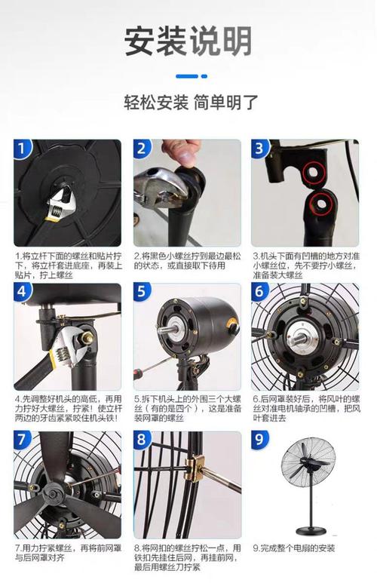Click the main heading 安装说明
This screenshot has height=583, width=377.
click(x=188, y=41)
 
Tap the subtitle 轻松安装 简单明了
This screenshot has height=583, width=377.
click(x=191, y=103)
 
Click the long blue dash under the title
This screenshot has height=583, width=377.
click(x=187, y=76)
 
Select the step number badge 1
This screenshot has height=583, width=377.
click(x=23, y=149)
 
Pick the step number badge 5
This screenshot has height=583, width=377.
click(x=142, y=291)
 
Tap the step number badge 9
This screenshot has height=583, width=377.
click(x=259, y=440)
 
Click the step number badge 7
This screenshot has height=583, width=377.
click(x=22, y=440)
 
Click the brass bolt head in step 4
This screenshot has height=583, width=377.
click(x=87, y=338)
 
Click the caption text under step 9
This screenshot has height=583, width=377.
click(x=294, y=548)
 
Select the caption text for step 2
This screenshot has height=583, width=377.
click(x=187, y=261)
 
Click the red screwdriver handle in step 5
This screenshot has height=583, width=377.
click(x=138, y=372)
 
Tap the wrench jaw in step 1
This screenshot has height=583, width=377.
click(x=62, y=194)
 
